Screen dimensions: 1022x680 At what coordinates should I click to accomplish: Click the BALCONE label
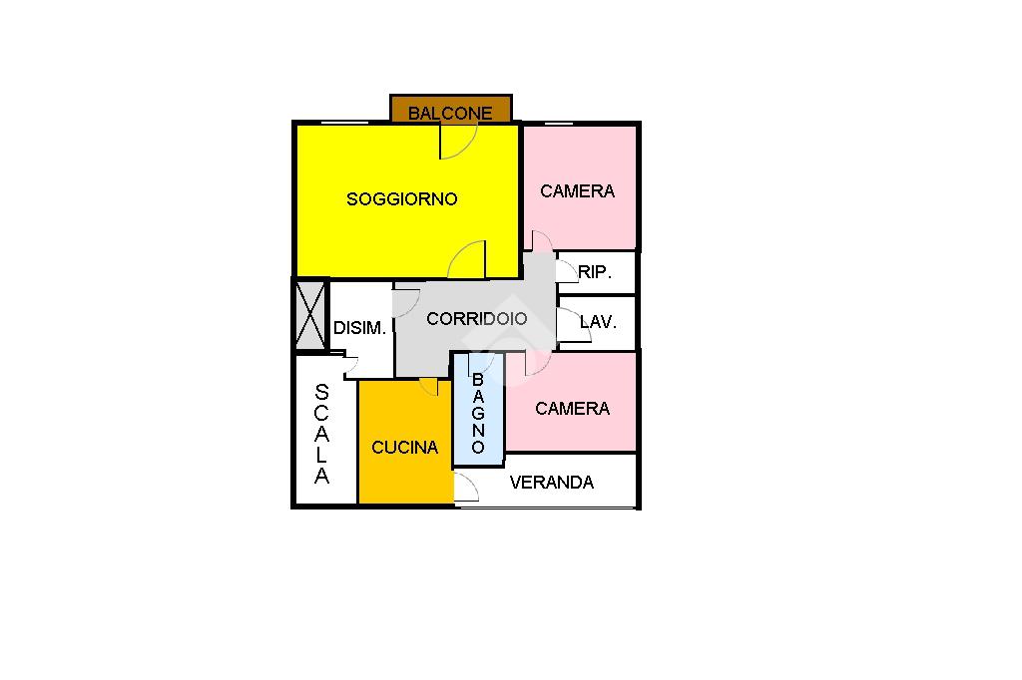450,113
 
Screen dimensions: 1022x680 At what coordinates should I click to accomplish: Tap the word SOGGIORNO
401,199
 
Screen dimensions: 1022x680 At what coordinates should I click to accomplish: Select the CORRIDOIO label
476,319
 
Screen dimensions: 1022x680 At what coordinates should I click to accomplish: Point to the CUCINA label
404,448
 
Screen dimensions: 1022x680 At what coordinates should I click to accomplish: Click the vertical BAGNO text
478,414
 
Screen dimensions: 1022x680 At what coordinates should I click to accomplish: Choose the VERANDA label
551,483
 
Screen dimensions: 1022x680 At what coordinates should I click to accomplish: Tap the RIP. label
594,272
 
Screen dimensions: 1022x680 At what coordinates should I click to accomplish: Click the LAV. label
598,322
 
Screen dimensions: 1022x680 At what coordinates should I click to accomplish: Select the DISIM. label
359,328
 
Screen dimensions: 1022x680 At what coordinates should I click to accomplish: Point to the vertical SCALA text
321,434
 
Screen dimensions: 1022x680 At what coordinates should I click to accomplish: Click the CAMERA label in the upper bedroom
577,191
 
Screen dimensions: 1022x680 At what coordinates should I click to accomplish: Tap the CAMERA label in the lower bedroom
572,409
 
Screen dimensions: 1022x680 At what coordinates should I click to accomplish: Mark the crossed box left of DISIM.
310,314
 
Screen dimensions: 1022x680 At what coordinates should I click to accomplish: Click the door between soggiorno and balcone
451,143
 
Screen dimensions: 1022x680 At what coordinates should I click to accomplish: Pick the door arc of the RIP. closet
567,270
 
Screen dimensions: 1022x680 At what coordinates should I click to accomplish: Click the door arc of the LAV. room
567,324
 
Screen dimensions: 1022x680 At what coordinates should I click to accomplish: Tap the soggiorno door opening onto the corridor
468,261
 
